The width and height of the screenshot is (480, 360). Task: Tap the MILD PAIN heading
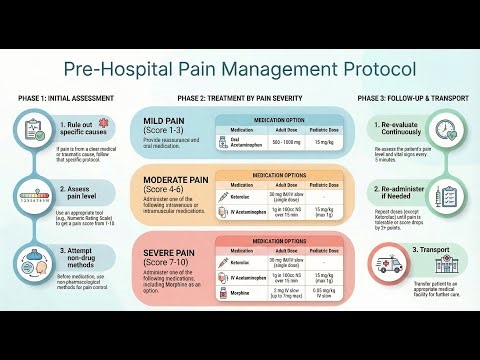click(x=173, y=122)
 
